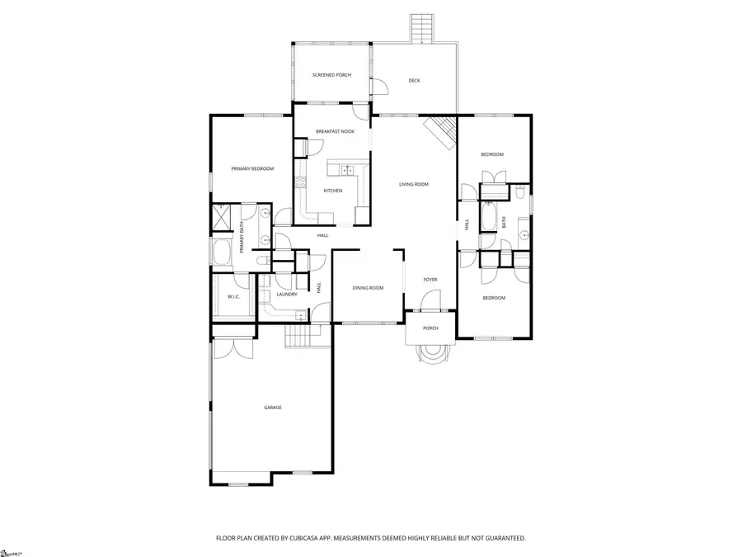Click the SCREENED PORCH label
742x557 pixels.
(331, 75)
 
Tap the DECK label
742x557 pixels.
(415, 80)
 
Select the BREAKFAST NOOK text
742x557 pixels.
(335, 131)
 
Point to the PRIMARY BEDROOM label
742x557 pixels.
(252, 168)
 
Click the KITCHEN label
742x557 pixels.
(332, 191)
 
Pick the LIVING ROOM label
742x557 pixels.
(414, 184)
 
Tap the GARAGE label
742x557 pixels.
(273, 407)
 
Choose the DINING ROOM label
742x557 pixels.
(368, 288)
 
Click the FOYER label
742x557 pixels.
(430, 280)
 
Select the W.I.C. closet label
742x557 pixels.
(233, 296)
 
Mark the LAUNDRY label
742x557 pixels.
(287, 294)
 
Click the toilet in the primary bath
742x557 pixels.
(261, 261)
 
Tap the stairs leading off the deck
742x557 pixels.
(422, 30)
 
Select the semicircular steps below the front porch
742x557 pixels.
(430, 352)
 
